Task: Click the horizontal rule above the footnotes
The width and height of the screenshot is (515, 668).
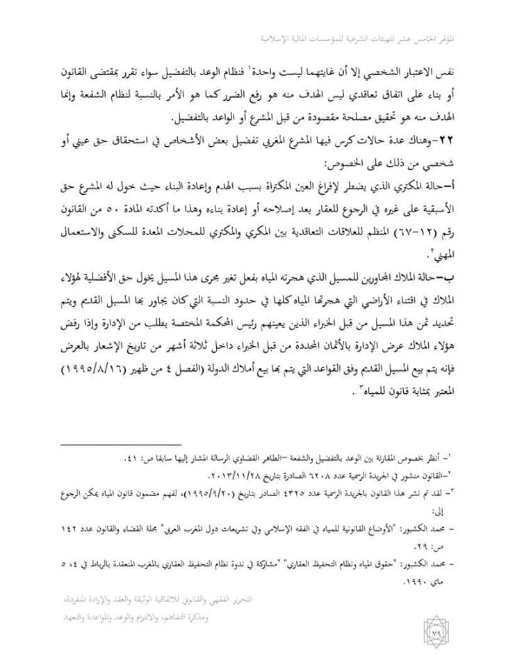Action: click(121, 444)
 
